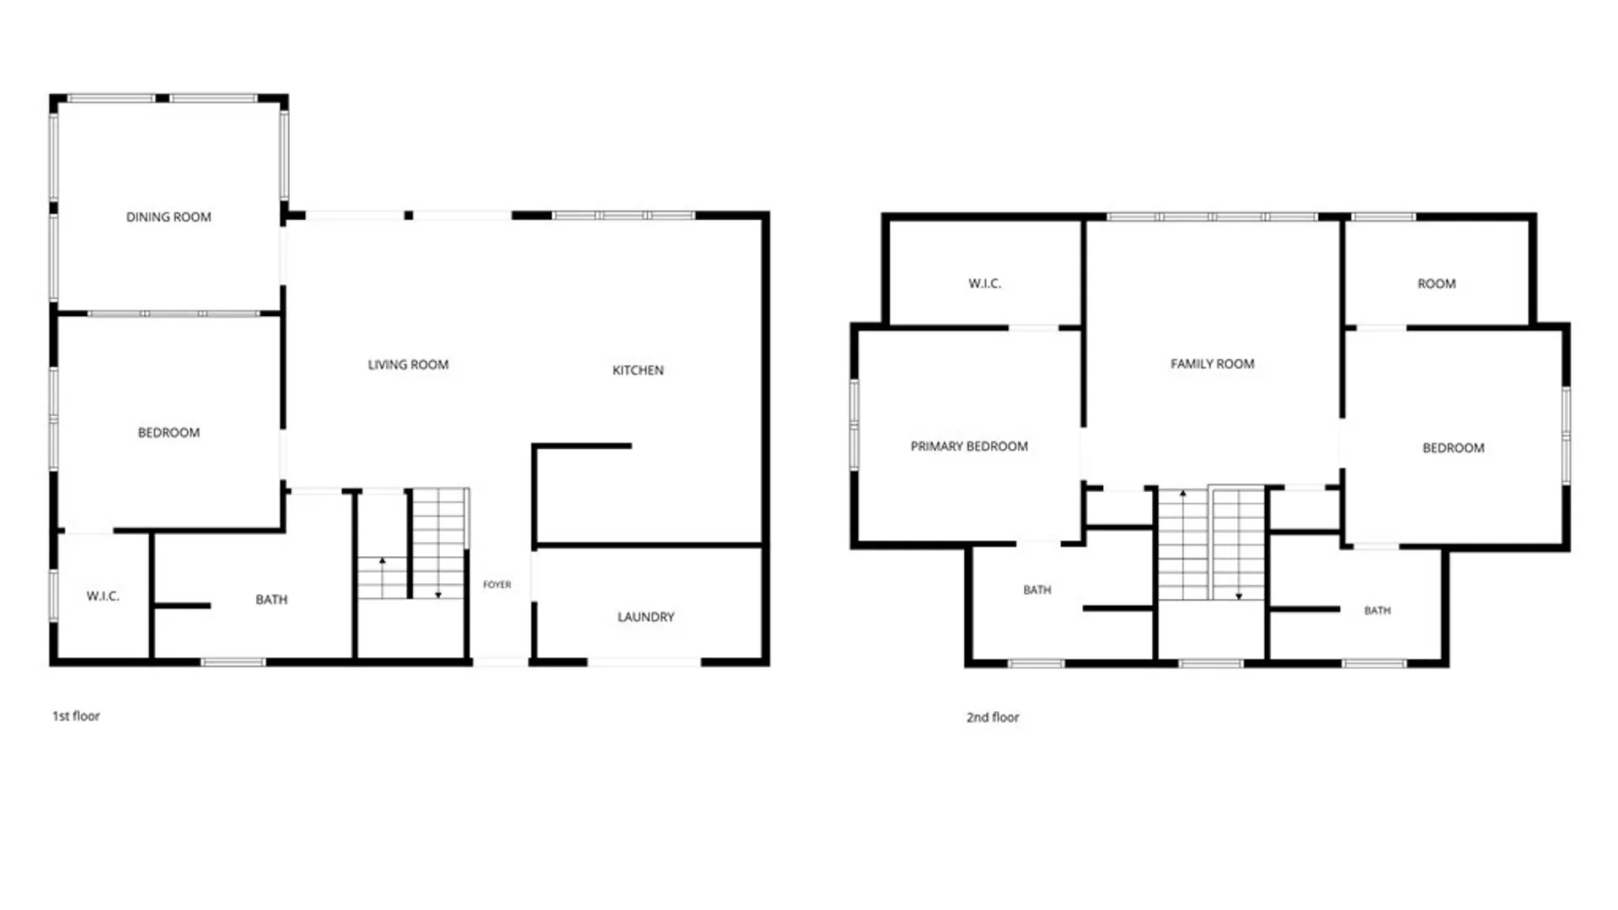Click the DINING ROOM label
[x=169, y=217]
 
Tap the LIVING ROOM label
[x=408, y=365]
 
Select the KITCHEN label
[x=638, y=370]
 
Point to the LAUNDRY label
[x=646, y=617]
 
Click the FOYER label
[x=497, y=585]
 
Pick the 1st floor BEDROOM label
[x=169, y=432]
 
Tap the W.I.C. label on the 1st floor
[x=103, y=597]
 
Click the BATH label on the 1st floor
[x=271, y=600]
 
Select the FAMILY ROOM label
[x=1212, y=364]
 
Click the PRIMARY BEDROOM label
[x=969, y=447]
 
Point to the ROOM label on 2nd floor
[x=1436, y=284]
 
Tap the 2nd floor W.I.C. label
[x=984, y=284]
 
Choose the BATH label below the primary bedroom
[x=1037, y=590]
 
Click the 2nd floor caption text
[x=993, y=717]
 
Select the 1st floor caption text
[x=76, y=716]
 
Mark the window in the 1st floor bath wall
[x=233, y=662]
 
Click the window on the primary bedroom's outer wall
[x=854, y=425]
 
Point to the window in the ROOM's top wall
[x=1384, y=217]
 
